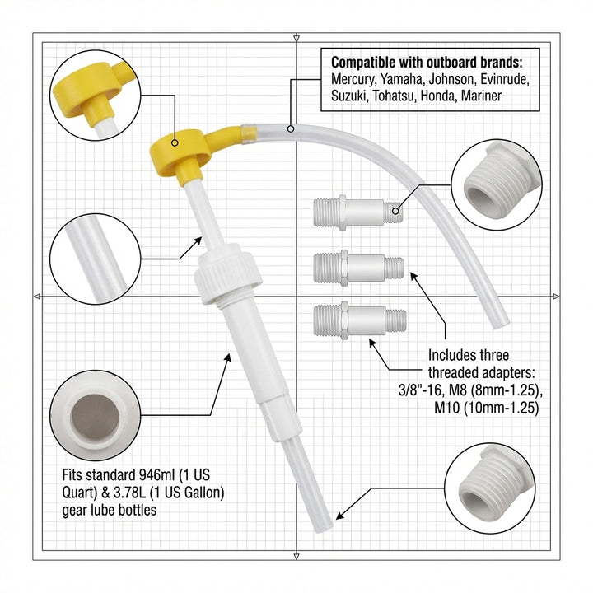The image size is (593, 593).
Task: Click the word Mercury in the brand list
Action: point(354,80)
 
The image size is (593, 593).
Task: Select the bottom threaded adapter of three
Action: point(358,319)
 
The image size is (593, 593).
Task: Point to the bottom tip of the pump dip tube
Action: point(323,516)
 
